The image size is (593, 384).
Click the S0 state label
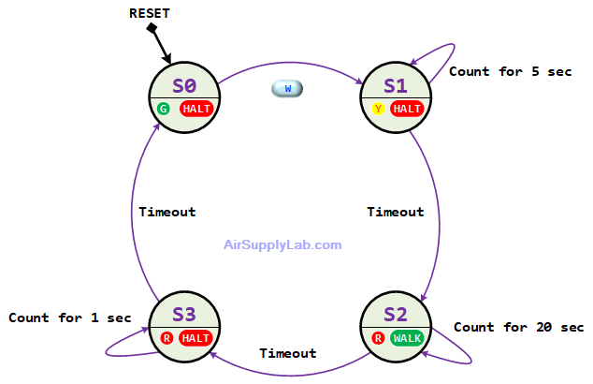coord(184,86)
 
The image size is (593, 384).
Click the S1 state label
coord(397,86)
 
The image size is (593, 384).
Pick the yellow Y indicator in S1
coord(378,109)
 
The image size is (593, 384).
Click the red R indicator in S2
coord(378,337)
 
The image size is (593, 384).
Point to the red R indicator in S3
coord(166,337)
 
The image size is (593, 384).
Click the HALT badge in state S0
coord(196,109)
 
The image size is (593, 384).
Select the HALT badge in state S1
coord(408,109)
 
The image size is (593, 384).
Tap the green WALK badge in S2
coord(408,337)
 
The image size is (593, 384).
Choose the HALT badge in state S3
coord(196,337)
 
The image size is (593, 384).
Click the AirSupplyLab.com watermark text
coord(282,244)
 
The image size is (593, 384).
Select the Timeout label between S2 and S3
coord(286,353)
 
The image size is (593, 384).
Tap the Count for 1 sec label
coord(68,318)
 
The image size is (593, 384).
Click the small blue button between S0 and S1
coord(287,88)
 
